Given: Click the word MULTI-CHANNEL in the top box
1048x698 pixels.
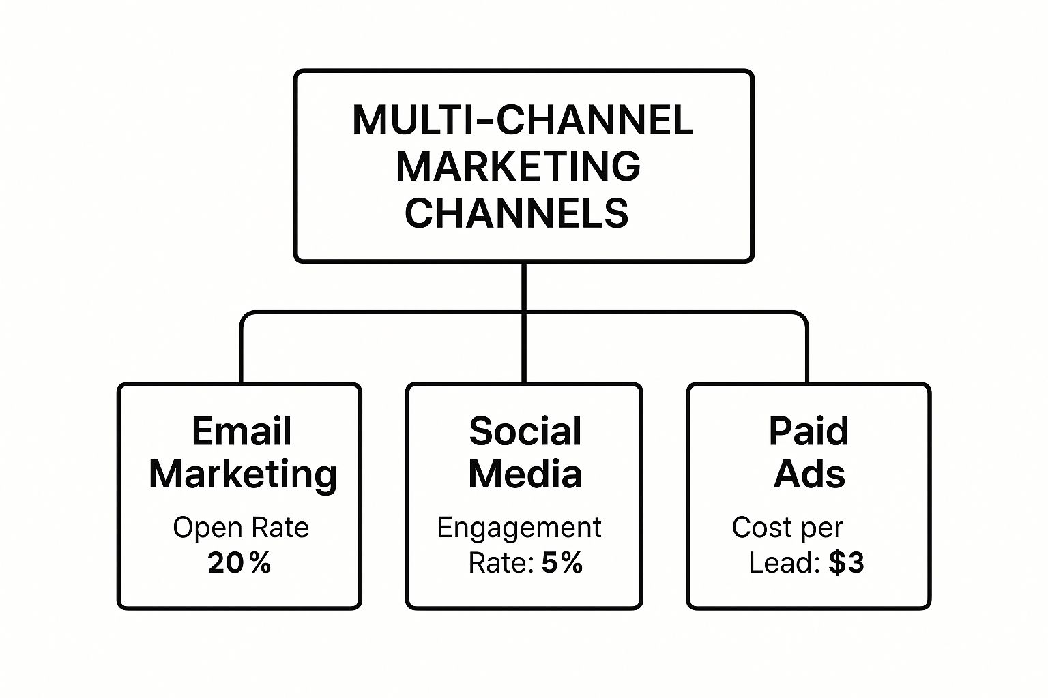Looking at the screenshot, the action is (523, 120).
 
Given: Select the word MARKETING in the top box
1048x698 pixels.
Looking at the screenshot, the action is (519, 166).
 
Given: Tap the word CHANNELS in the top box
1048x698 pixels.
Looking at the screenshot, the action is (516, 213).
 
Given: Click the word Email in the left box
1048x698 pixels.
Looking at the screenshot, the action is (242, 431).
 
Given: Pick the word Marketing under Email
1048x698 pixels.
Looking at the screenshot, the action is (243, 475).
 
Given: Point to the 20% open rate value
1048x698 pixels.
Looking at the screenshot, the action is (239, 562).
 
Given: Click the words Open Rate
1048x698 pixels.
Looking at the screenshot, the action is (241, 528).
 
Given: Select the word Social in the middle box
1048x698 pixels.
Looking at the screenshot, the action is (525, 431).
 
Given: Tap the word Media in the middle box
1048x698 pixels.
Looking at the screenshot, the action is (525, 474).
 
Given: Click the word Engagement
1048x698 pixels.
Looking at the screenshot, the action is (519, 528).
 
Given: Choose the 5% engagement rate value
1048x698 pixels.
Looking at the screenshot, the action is (562, 562).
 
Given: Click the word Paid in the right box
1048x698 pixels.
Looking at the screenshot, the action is (809, 431).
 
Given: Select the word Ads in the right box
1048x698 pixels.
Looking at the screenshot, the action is (809, 474).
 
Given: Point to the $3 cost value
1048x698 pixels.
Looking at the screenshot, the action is (846, 562).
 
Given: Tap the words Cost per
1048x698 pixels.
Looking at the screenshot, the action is (787, 528).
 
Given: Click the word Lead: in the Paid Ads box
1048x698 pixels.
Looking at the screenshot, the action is (785, 562).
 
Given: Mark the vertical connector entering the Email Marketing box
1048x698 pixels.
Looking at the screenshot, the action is (242, 353).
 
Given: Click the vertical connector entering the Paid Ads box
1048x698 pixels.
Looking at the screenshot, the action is (806, 353).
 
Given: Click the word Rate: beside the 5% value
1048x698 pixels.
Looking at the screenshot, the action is (501, 562).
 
